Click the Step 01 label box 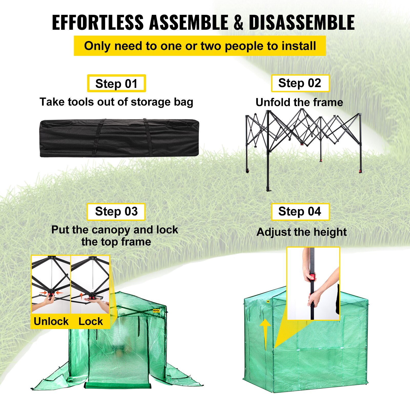(116, 84)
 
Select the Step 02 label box (300, 83)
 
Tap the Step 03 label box (116, 212)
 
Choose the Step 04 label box (300, 212)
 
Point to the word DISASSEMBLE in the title (302, 23)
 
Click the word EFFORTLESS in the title (98, 23)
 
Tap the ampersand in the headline (238, 23)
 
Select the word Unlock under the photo (51, 321)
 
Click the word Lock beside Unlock (90, 321)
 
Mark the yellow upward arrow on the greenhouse (265, 333)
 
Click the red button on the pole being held (312, 277)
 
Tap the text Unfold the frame (299, 102)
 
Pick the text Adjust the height (301, 232)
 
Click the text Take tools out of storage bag (116, 102)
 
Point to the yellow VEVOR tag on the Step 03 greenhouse (156, 311)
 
